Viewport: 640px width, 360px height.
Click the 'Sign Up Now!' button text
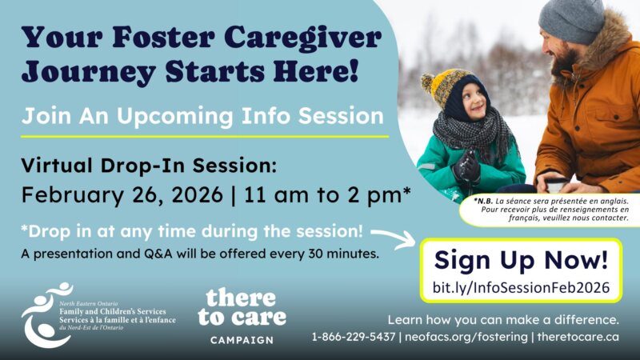tap(521, 260)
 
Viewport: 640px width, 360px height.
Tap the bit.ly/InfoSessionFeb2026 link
tap(521, 286)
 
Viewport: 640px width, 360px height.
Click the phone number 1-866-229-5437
tap(353, 337)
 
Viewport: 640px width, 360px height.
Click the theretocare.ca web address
tap(578, 337)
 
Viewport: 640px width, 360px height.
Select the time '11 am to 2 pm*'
tap(316, 194)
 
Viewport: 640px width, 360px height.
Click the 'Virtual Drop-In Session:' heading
tap(148, 166)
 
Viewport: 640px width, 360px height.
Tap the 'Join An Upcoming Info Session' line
tap(203, 116)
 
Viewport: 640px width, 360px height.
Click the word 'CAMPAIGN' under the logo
tap(242, 340)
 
